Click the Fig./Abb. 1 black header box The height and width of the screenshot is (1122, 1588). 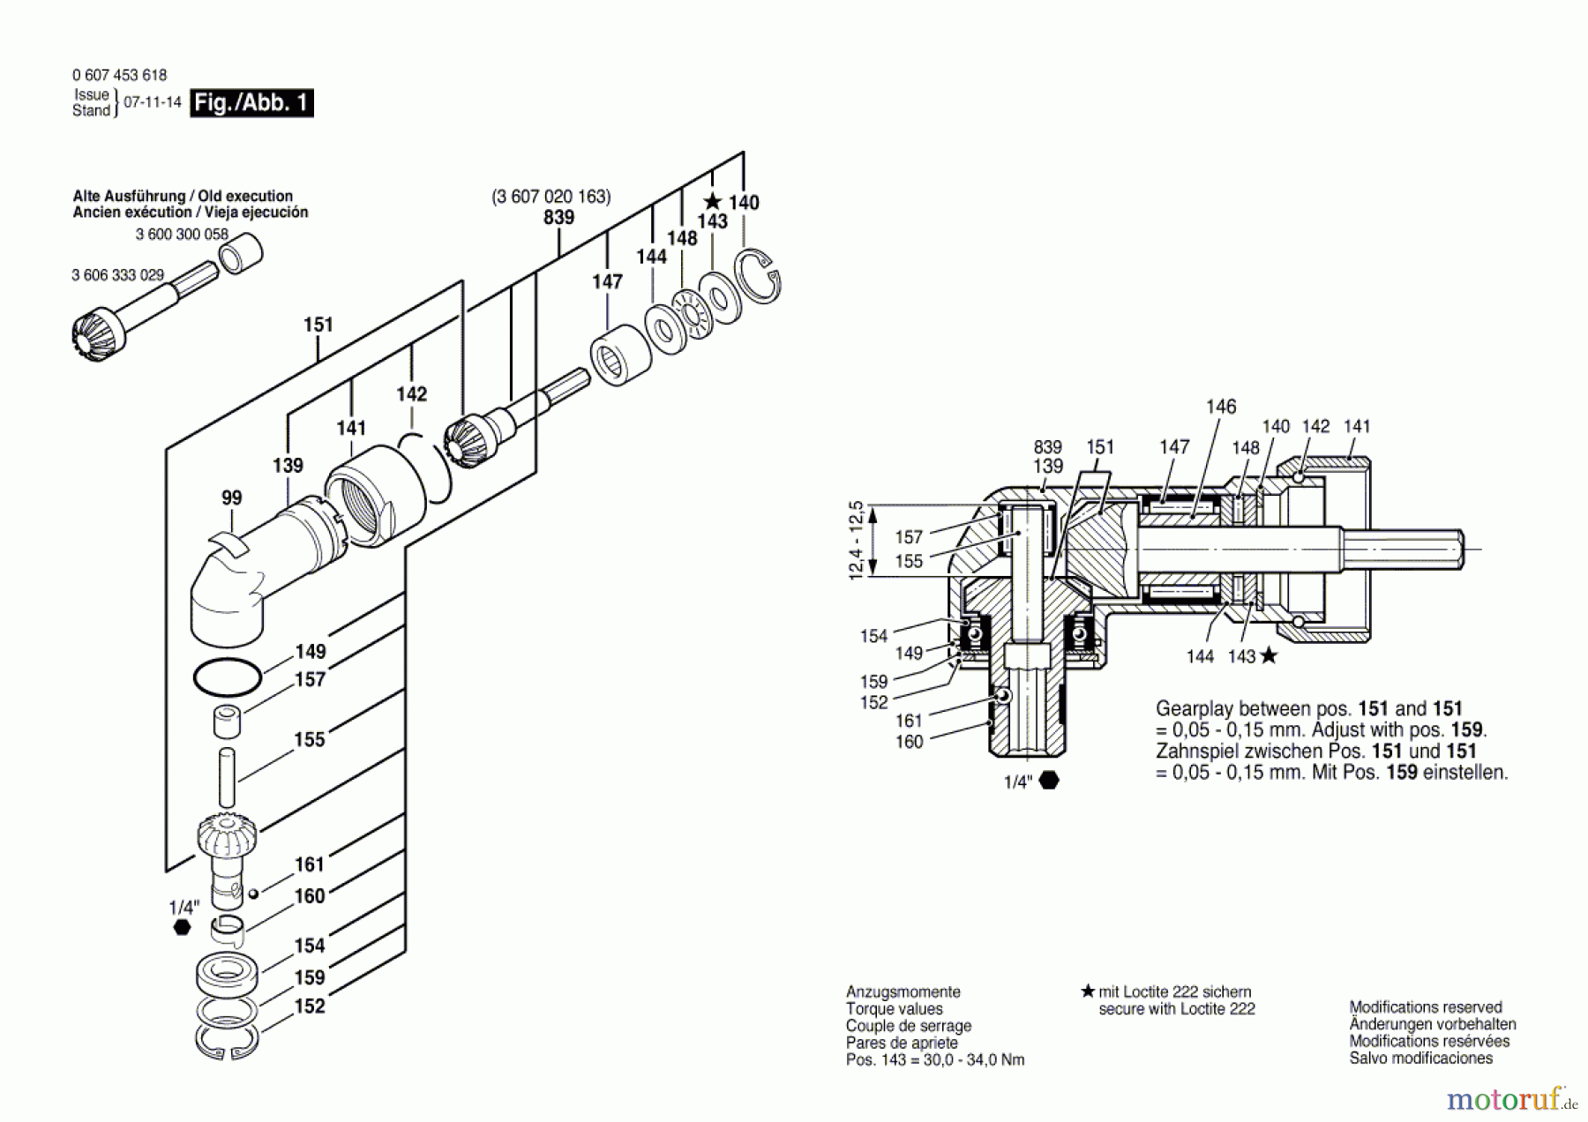click(x=251, y=103)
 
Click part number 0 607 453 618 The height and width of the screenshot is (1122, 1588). click(x=119, y=76)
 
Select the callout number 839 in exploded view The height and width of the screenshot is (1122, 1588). click(x=558, y=218)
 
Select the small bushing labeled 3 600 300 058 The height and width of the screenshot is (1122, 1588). click(x=240, y=254)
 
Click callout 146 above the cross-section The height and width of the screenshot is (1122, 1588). click(x=1221, y=407)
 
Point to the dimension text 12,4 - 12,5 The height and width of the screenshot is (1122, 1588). click(x=855, y=541)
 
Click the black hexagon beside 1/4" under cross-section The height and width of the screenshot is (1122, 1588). click(x=1049, y=781)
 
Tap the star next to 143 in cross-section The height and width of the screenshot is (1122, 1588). click(x=1269, y=655)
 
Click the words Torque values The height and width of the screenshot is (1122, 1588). click(x=894, y=1009)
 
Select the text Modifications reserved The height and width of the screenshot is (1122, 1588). click(x=1425, y=1007)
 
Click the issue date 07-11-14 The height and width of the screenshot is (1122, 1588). click(x=153, y=102)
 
